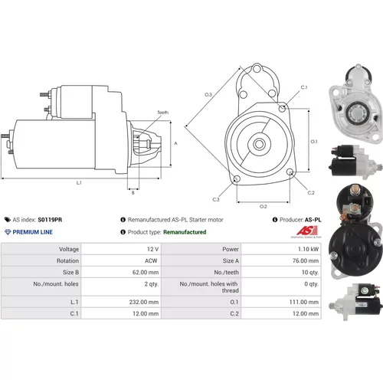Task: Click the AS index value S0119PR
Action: pos(50,220)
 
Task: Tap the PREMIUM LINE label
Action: pos(33,232)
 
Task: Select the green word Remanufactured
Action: pos(185,232)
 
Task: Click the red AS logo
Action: pos(306,231)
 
